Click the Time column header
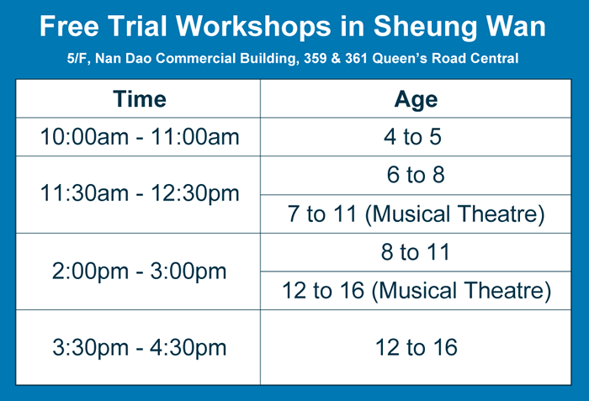click(140, 99)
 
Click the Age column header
click(416, 100)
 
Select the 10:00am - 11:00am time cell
click(140, 136)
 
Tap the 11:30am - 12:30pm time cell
click(140, 193)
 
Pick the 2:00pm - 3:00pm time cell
click(140, 271)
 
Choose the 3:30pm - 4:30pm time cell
click(140, 347)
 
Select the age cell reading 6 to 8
click(416, 175)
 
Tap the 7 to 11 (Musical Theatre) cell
click(416, 214)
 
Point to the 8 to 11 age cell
click(416, 251)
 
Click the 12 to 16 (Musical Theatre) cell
click(417, 291)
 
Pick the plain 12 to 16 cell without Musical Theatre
click(417, 347)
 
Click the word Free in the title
click(70, 26)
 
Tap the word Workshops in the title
click(253, 27)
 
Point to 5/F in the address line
click(79, 59)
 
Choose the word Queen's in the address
click(400, 59)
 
